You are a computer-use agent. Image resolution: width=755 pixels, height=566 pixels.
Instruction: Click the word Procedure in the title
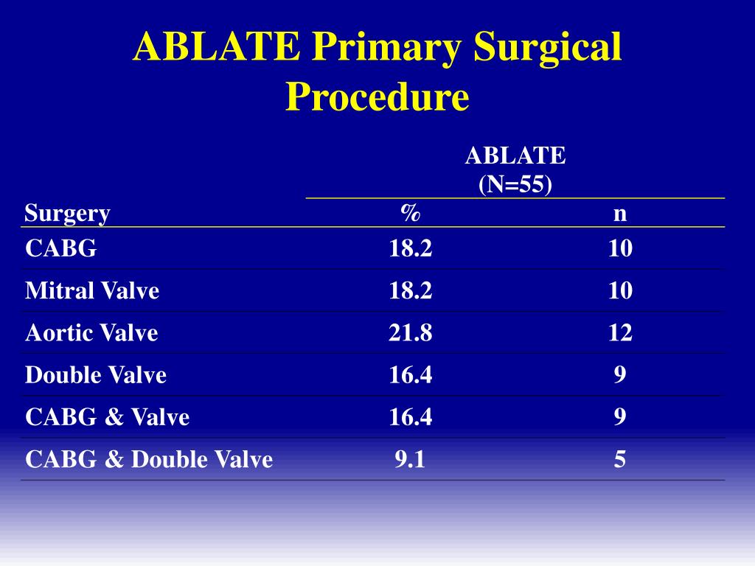point(377,97)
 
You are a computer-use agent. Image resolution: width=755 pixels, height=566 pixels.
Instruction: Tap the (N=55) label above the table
point(515,184)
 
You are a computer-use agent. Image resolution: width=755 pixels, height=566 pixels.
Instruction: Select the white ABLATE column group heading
point(515,156)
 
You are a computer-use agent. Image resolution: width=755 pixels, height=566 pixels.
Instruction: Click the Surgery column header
point(67,214)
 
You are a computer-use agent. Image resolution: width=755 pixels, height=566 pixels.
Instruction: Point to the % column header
point(411,213)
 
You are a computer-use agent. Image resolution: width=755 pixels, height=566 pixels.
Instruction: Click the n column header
point(620,214)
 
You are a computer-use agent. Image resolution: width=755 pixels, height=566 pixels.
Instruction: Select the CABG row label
point(60,248)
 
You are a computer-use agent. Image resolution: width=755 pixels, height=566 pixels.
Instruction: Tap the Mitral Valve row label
point(92,290)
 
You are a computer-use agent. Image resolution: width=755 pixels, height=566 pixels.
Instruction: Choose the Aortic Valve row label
point(91,332)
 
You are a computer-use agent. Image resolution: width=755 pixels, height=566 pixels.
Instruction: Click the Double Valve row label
point(96,375)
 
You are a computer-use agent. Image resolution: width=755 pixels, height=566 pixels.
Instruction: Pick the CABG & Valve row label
point(107,417)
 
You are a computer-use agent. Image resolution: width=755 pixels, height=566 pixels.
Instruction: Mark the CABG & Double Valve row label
point(149,460)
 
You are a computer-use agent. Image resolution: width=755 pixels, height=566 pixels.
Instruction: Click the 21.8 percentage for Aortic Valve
point(411,333)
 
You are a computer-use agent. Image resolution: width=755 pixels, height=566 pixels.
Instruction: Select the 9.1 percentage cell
point(410,460)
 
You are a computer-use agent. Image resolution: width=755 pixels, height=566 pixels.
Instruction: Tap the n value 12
point(620,333)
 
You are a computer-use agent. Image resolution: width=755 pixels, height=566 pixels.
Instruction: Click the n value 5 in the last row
point(620,460)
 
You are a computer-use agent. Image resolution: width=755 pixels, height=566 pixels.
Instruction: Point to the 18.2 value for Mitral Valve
point(411,290)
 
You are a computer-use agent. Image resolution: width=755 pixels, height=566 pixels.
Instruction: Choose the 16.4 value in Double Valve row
point(411,375)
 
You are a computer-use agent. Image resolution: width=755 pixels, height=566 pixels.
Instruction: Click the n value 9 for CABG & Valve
point(620,417)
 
